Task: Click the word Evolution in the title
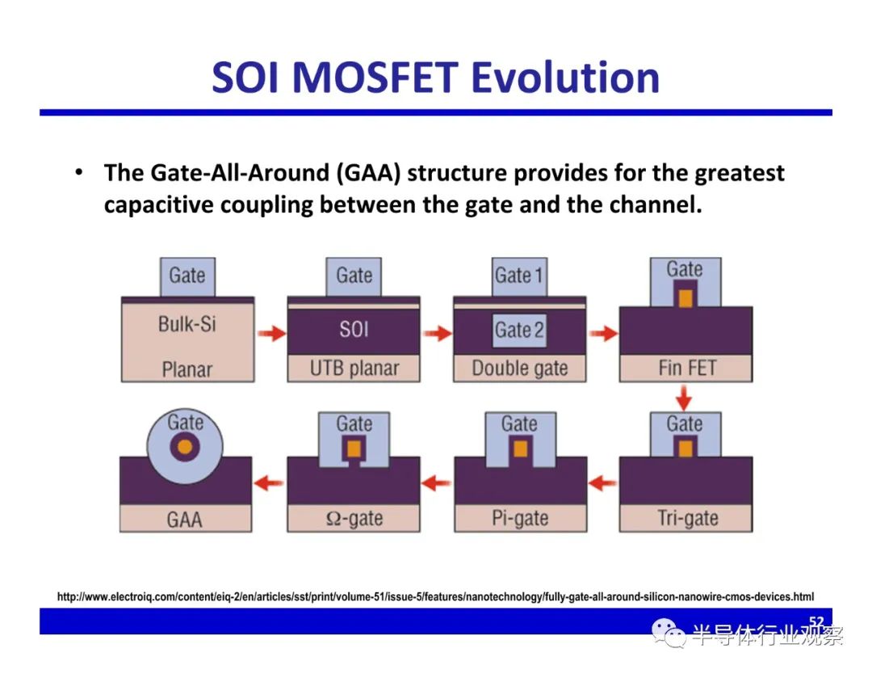pos(565,77)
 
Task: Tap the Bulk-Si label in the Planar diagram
pos(187,324)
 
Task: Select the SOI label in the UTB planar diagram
pos(354,330)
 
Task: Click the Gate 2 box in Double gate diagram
pos(519,330)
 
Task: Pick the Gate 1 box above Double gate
pos(519,276)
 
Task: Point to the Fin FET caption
pos(687,368)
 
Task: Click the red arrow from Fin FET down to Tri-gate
pos(684,398)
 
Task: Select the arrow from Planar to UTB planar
pos(272,334)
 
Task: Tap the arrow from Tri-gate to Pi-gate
pos(603,483)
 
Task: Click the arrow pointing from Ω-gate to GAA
pos(269,482)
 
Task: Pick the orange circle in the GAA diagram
pos(185,446)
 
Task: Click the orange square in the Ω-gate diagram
pos(354,448)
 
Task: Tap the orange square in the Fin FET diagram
pos(685,298)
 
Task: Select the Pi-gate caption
pos(520,518)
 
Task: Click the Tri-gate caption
pos(688,518)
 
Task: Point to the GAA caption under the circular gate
pos(185,520)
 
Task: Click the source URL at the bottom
pos(435,596)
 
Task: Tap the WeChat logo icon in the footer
pos(669,634)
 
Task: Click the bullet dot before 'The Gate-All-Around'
pos(79,172)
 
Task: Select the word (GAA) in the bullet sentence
pos(368,173)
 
